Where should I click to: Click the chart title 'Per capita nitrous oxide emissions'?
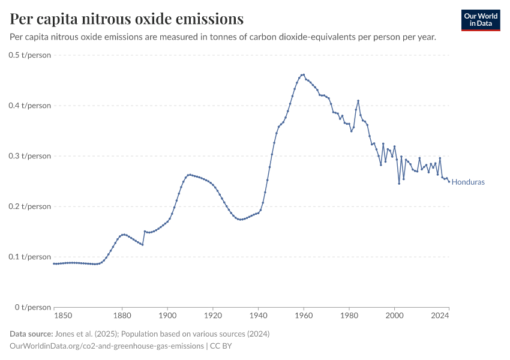(127, 19)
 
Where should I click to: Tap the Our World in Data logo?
(481, 20)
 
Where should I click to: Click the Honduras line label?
(468, 182)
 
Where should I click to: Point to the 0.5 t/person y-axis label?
(30, 55)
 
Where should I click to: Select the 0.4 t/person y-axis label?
(30, 106)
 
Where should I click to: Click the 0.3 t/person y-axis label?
(30, 156)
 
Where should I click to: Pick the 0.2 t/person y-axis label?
(30, 206)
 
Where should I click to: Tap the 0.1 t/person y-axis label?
(30, 257)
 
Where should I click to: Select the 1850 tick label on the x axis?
(62, 316)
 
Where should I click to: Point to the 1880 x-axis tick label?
(122, 316)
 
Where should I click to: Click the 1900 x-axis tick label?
(167, 316)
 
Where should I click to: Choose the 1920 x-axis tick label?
(213, 316)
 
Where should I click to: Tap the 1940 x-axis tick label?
(258, 316)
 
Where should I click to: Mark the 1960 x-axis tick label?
(304, 316)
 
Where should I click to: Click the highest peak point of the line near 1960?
(304, 75)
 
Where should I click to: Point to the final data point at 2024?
(449, 182)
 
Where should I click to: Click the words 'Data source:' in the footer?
(31, 334)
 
